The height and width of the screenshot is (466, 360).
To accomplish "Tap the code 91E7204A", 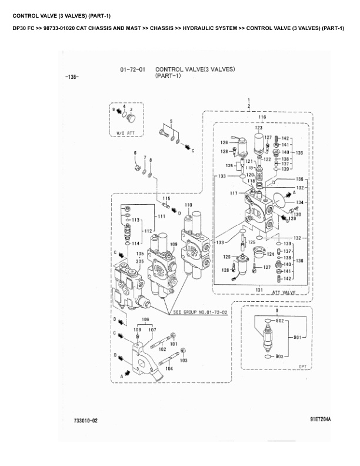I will pyautogui.click(x=321, y=419).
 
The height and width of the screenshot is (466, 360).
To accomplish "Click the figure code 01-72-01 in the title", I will pyautogui.click(x=132, y=69).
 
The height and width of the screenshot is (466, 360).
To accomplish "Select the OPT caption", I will pyautogui.click(x=303, y=367).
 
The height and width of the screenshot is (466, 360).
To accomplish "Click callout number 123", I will pyautogui.click(x=258, y=127).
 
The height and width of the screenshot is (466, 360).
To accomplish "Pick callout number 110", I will pyautogui.click(x=188, y=205).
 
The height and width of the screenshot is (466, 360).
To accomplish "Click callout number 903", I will pyautogui.click(x=279, y=357).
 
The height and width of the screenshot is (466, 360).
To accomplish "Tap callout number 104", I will pyautogui.click(x=169, y=369).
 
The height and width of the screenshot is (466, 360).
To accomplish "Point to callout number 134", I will pyautogui.click(x=299, y=202).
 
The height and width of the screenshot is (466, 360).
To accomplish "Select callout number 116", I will pyautogui.click(x=262, y=118).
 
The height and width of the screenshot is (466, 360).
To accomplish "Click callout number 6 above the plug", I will pyautogui.click(x=135, y=153).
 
